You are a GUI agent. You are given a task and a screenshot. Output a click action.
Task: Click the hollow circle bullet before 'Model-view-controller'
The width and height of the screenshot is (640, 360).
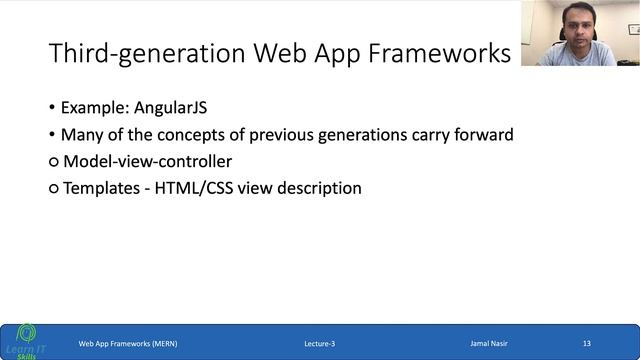tap(54, 162)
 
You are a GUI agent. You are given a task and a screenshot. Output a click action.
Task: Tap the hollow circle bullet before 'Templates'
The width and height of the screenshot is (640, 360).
tap(54, 189)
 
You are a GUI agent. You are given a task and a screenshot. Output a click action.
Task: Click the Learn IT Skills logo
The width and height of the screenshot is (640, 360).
tap(24, 340)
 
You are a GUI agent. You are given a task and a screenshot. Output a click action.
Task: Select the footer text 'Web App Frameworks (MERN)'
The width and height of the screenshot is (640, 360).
tap(128, 343)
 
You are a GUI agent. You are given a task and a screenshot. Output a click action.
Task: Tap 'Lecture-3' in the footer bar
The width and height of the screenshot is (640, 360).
tap(319, 343)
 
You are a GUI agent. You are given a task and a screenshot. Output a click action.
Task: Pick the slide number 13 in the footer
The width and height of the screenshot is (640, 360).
tap(587, 343)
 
